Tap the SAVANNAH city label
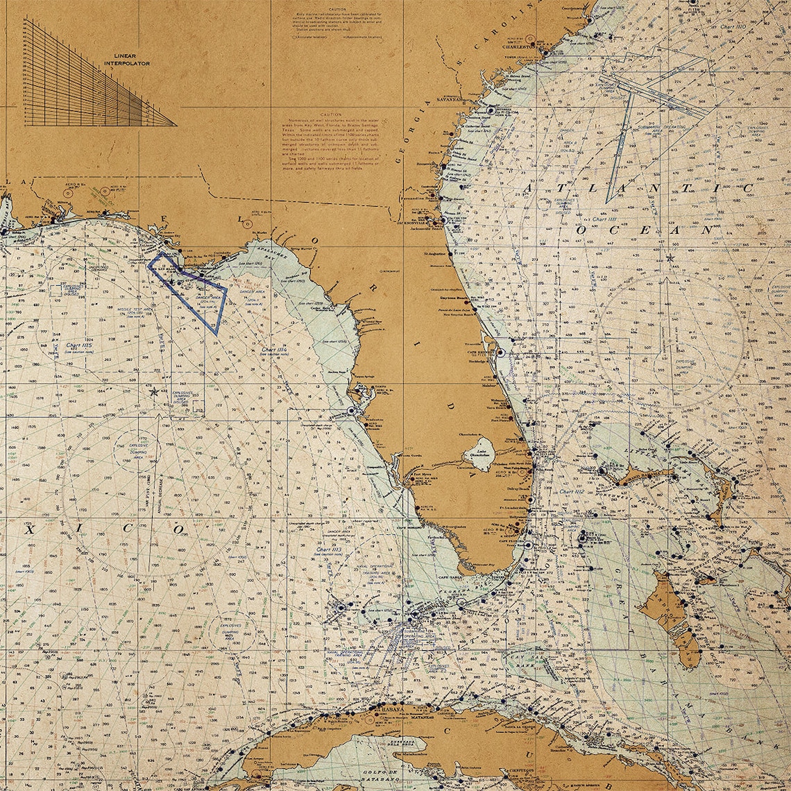pos(450,99)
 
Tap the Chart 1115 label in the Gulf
pos(78,346)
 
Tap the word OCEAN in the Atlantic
pos(642,229)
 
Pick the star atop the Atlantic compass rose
pos(670,259)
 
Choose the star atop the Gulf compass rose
pos(154,392)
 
